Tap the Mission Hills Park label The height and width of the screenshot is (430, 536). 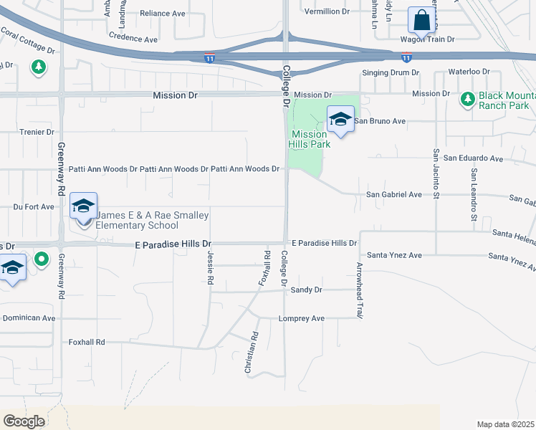point(310,139)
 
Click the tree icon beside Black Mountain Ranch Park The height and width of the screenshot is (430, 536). point(467,97)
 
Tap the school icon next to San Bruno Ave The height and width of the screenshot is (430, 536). point(340,119)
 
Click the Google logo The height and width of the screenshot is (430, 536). point(24,421)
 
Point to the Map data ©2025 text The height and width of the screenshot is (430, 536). point(504,424)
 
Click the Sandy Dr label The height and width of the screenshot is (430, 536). point(307,290)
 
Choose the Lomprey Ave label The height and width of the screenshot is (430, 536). point(302,318)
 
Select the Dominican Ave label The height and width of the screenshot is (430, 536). point(29,317)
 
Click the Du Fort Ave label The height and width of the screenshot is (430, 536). point(34,206)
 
